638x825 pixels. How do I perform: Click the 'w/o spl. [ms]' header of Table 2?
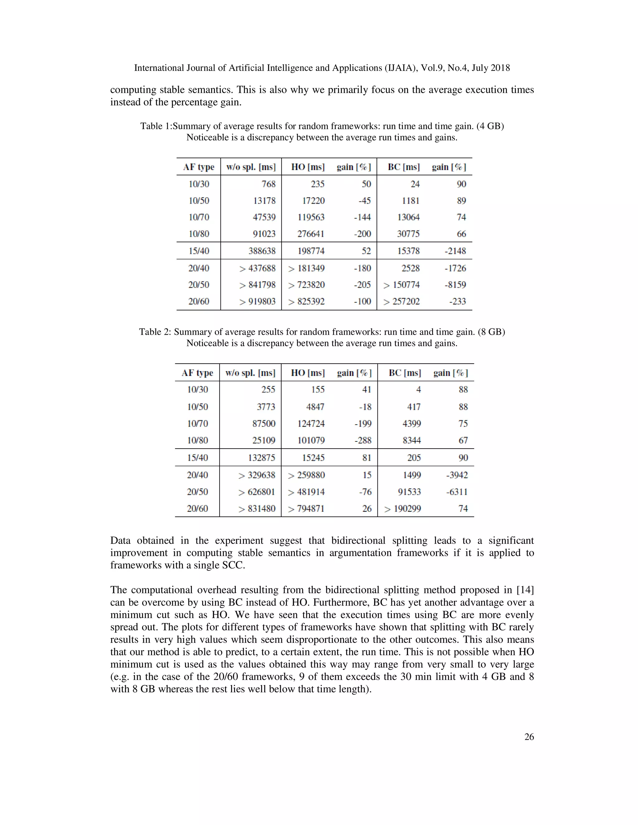tap(250, 373)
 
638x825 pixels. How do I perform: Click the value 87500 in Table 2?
tap(264, 424)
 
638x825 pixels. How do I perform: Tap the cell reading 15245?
tap(313, 458)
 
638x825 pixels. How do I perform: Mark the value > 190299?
tap(402, 509)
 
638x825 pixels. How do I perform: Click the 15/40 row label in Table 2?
tap(197, 458)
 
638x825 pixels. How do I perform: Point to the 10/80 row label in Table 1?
tap(198, 234)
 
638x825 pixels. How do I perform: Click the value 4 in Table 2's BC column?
tap(418, 390)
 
